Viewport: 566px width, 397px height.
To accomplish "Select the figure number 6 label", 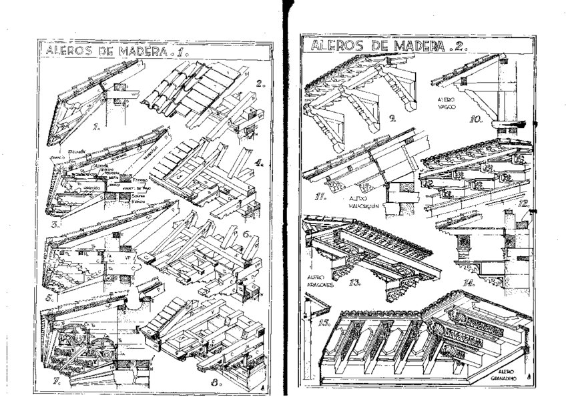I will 246,234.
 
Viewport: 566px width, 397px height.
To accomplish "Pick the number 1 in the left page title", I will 185,50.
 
